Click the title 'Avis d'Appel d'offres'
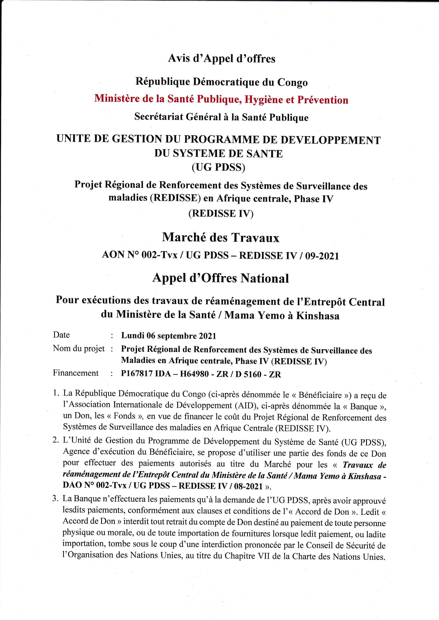[222, 59]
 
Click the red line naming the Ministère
[221, 100]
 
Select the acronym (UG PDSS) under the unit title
[218, 168]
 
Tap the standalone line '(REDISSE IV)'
[221, 214]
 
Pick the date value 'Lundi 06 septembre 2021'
[169, 336]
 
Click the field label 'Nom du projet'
[79, 349]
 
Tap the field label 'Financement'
[76, 373]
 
